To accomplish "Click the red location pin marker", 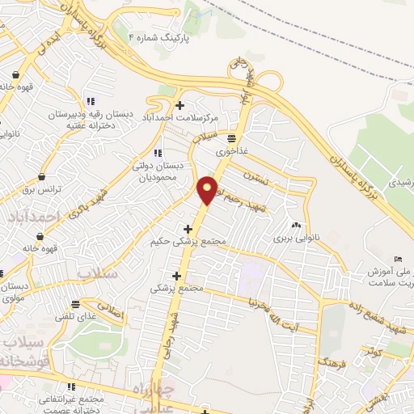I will click(x=208, y=189).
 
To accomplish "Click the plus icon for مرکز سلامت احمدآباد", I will click(x=180, y=104).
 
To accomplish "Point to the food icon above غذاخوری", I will click(x=231, y=137).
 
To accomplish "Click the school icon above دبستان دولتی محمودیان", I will click(x=157, y=151).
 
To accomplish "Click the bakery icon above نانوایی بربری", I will click(x=295, y=226).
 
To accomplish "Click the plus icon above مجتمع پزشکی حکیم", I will click(x=188, y=229).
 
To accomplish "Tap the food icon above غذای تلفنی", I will click(x=74, y=304).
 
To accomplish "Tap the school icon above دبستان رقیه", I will click(x=91, y=101).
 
